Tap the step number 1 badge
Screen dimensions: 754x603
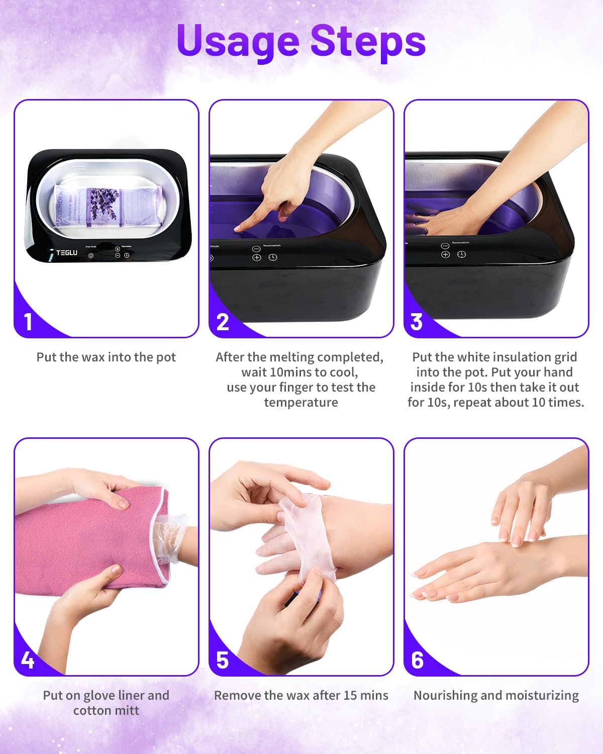point(28,322)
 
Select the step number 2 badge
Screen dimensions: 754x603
point(223,322)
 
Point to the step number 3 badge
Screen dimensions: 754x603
point(417,322)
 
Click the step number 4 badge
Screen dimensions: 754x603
point(28,659)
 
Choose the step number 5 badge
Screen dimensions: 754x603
point(223,659)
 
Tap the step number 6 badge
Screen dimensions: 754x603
point(417,659)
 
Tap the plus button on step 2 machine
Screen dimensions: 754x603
point(257,257)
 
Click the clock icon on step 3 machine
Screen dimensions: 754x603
point(461,254)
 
